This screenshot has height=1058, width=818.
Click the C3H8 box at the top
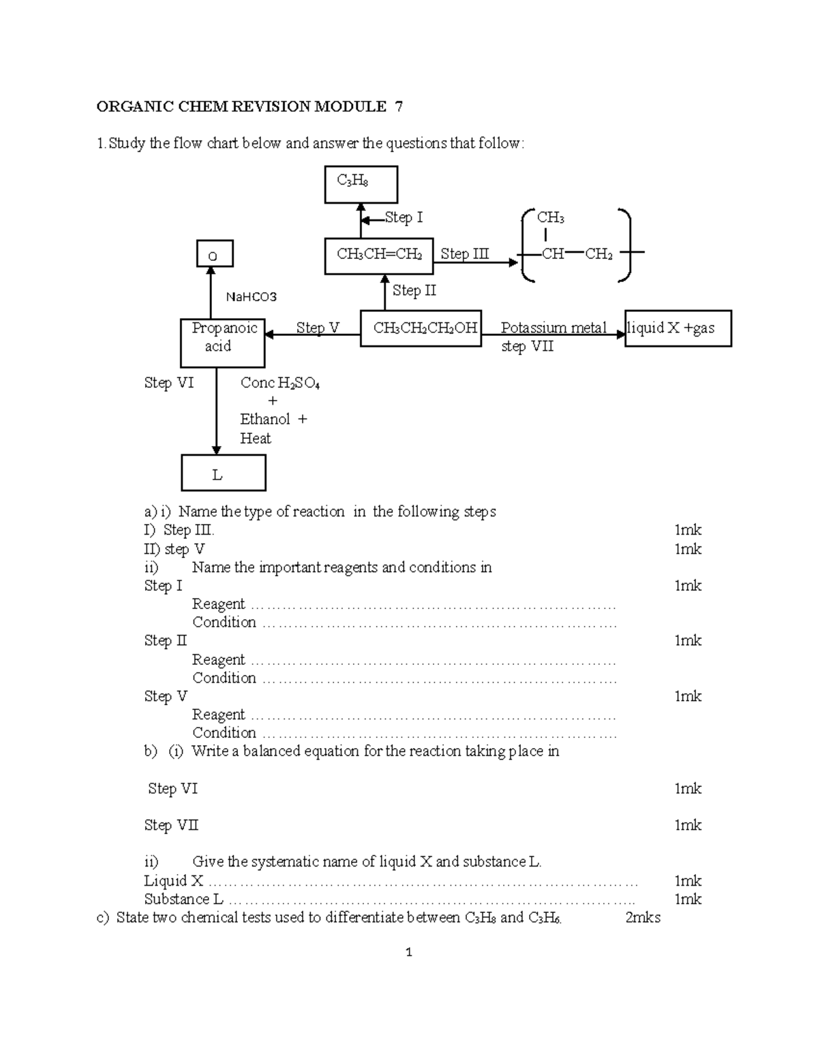pyautogui.click(x=361, y=185)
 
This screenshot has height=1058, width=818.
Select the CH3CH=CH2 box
pyautogui.click(x=378, y=255)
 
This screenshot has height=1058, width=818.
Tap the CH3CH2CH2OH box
pyautogui.click(x=420, y=328)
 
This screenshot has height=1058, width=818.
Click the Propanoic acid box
pyautogui.click(x=222, y=343)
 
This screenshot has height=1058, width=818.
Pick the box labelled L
pyautogui.click(x=223, y=473)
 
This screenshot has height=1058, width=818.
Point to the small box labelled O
pyautogui.click(x=215, y=253)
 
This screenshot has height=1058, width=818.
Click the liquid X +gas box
pyautogui.click(x=678, y=328)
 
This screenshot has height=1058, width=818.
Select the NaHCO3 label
pyautogui.click(x=251, y=297)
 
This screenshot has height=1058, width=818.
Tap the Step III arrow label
pyautogui.click(x=464, y=254)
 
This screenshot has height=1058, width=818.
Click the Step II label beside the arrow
pyautogui.click(x=414, y=290)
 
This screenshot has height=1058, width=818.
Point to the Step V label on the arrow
pyautogui.click(x=317, y=328)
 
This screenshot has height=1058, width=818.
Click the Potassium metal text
pyautogui.click(x=553, y=328)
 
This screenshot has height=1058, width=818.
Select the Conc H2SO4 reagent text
pyautogui.click(x=279, y=383)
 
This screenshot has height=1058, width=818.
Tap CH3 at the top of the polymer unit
pyautogui.click(x=550, y=218)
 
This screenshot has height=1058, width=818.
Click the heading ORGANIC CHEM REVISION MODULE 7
pyautogui.click(x=249, y=107)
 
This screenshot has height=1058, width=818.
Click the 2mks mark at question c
pyautogui.click(x=643, y=918)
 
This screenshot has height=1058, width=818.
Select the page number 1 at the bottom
pyautogui.click(x=408, y=952)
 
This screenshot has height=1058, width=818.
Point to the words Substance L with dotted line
pyautogui.click(x=183, y=899)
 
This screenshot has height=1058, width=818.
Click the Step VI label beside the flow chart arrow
pyautogui.click(x=168, y=383)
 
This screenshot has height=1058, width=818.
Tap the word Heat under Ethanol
pyautogui.click(x=256, y=439)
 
